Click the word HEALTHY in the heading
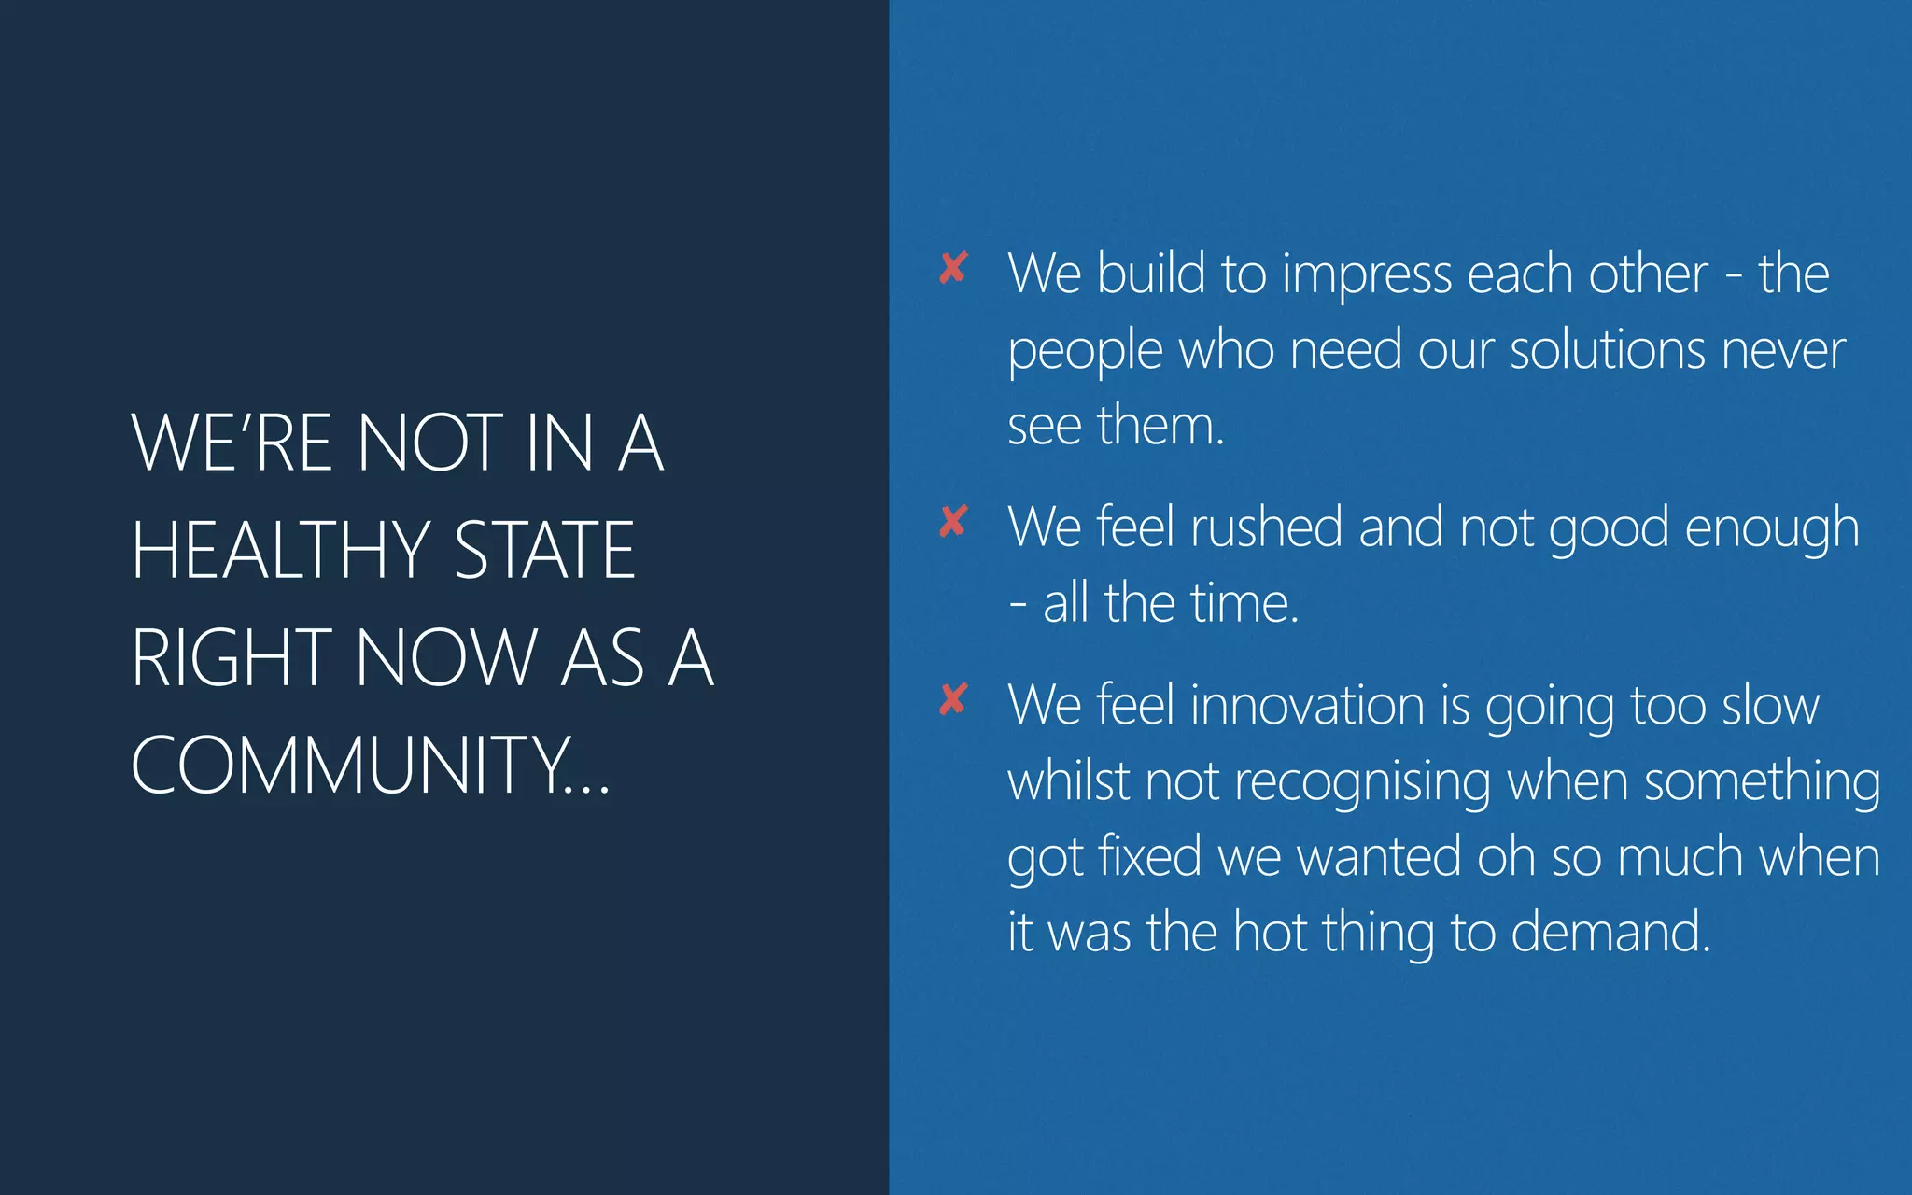pyautogui.click(x=280, y=550)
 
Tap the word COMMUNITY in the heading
pyautogui.click(x=350, y=765)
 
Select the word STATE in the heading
pyautogui.click(x=544, y=550)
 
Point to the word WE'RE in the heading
pyautogui.click(x=232, y=443)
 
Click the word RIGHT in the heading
pyautogui.click(x=232, y=657)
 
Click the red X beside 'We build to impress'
pyautogui.click(x=953, y=268)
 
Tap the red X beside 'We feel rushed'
pyautogui.click(x=953, y=522)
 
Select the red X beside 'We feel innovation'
pyautogui.click(x=953, y=699)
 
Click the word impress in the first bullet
pyautogui.click(x=1366, y=275)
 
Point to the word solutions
pyautogui.click(x=1607, y=351)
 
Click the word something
pyautogui.click(x=1762, y=782)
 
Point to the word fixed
pyautogui.click(x=1149, y=856)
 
